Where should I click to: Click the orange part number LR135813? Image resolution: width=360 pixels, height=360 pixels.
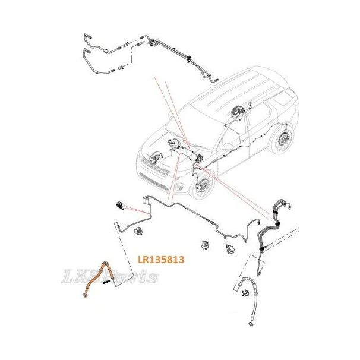pyautogui.click(x=161, y=260)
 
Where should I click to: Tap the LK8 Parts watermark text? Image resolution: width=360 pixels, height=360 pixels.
pyautogui.click(x=110, y=277)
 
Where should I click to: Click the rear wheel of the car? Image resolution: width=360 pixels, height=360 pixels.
pyautogui.click(x=282, y=140)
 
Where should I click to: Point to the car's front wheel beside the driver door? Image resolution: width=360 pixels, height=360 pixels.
pyautogui.click(x=202, y=185)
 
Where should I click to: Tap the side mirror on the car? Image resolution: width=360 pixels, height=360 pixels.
pyautogui.click(x=227, y=146)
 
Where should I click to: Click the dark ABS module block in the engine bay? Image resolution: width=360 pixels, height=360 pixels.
pyautogui.click(x=199, y=158)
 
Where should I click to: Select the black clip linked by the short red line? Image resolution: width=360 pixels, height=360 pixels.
pyautogui.click(x=120, y=206)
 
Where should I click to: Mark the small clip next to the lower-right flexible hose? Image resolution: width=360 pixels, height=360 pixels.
pyautogui.click(x=246, y=293)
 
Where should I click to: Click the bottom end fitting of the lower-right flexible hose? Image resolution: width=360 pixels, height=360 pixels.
pyautogui.click(x=251, y=324)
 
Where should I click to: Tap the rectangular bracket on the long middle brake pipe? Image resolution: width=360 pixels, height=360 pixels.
pyautogui.click(x=146, y=200)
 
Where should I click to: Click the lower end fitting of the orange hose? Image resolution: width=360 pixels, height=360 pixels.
pyautogui.click(x=85, y=296)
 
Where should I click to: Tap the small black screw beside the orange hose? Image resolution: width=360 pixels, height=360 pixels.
pyautogui.click(x=106, y=282)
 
